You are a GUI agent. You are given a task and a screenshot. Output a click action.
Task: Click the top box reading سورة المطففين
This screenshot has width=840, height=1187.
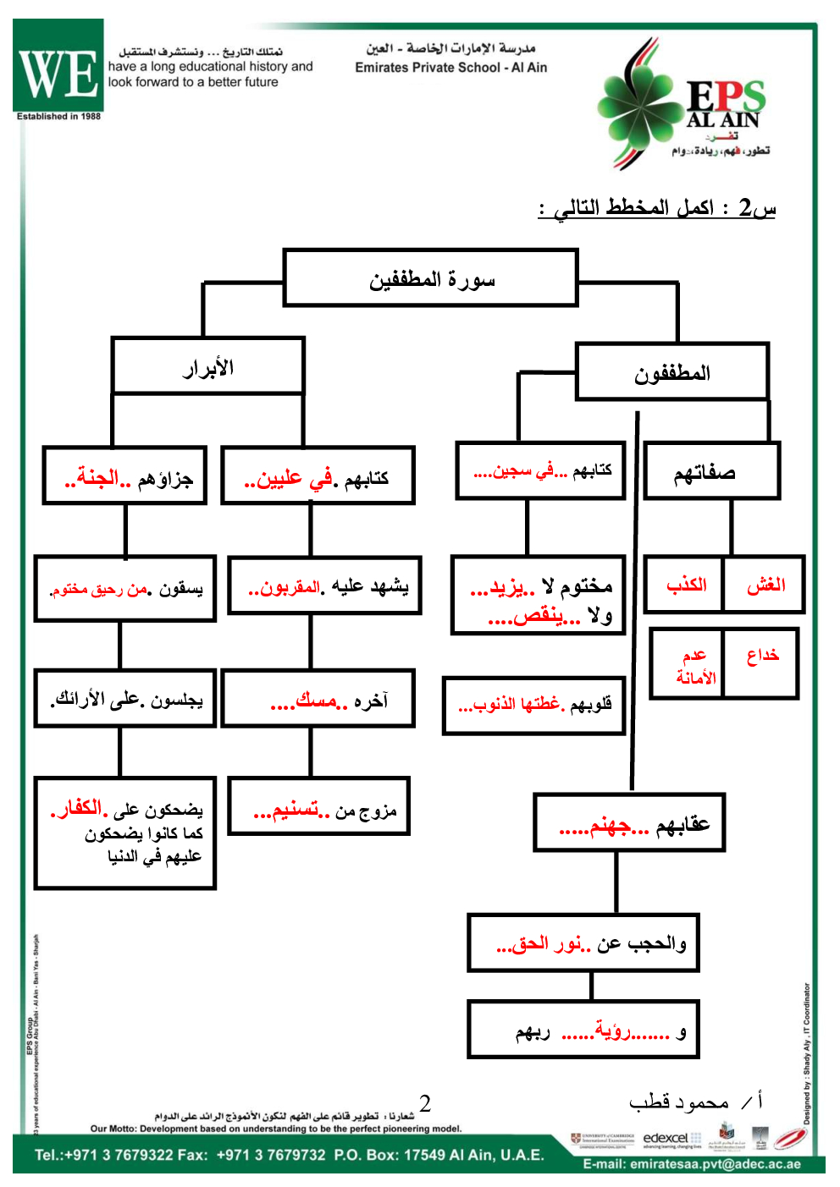(431, 278)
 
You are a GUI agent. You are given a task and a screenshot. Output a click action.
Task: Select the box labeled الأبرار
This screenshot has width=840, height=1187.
(207, 366)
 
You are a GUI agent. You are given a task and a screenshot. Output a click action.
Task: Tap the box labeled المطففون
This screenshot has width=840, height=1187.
(672, 371)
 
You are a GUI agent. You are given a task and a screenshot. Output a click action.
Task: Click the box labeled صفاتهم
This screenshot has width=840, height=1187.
(710, 472)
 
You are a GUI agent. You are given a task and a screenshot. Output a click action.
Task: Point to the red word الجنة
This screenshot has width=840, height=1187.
(98, 478)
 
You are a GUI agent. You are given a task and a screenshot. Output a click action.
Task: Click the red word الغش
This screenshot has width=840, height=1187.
(765, 585)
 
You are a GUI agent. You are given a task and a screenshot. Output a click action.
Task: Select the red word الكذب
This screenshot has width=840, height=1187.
(686, 585)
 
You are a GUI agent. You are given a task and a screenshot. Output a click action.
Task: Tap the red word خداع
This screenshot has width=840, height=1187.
(762, 655)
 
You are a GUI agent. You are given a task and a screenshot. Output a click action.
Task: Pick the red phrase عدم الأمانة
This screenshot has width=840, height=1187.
(695, 666)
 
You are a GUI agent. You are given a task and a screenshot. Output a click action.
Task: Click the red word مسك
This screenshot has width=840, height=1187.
(316, 701)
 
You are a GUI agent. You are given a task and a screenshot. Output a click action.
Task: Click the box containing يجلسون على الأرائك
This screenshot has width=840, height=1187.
(125, 699)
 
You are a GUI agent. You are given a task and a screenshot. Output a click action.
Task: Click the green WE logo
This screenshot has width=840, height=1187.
(58, 69)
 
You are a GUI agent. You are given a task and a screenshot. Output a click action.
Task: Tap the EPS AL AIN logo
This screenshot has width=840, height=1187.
(684, 105)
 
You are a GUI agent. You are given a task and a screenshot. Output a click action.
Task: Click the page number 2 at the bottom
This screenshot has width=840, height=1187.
(425, 1103)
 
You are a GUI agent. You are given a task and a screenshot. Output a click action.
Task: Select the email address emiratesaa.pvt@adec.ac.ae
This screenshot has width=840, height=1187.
(691, 1164)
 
